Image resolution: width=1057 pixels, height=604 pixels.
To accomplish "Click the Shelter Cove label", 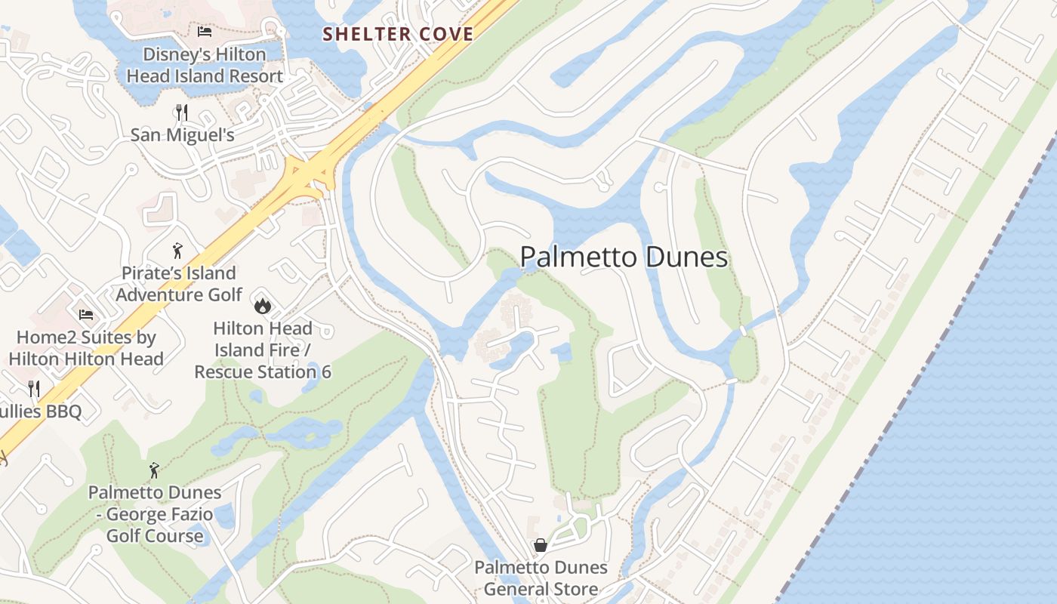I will [399, 34].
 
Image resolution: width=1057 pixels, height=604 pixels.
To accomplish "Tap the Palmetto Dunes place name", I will [624, 257].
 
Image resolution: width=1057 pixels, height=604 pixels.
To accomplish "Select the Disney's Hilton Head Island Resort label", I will [205, 66].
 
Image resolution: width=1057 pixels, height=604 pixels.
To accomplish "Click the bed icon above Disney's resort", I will [205, 32].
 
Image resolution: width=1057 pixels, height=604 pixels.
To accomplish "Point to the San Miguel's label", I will [182, 135].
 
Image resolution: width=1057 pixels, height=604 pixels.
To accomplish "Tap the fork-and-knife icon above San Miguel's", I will [181, 112].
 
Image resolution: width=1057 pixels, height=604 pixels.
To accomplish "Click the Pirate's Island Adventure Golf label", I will [179, 284].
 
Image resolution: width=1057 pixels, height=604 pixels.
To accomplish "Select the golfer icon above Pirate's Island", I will [177, 250].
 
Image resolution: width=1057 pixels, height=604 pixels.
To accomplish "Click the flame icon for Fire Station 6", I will [262, 305].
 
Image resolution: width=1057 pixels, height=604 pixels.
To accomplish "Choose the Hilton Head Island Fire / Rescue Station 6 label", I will [263, 350].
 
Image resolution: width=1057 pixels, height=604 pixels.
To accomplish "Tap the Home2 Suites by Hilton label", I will [86, 348].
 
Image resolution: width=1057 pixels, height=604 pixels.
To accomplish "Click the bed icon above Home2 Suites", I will [86, 314].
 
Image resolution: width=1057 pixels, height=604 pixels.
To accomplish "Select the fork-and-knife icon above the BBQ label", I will [34, 389].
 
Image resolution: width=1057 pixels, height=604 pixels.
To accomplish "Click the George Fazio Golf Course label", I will [155, 514].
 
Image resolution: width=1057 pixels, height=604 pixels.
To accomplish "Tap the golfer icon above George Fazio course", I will [155, 470].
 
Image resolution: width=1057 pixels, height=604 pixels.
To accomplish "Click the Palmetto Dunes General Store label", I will [541, 578].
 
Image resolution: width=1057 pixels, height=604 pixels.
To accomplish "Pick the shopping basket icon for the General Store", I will [541, 545].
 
